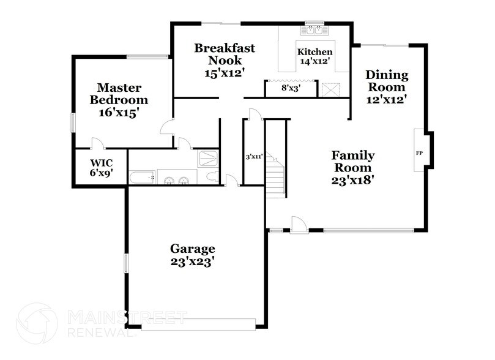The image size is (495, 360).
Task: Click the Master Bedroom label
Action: (119, 100)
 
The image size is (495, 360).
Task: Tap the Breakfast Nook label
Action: (224, 60)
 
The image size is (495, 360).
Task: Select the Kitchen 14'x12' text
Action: (314, 56)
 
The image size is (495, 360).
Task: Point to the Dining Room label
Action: (387, 86)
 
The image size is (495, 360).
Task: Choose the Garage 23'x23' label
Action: (192, 255)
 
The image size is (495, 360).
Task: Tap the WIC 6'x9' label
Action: (100, 168)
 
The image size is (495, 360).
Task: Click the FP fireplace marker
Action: (420, 152)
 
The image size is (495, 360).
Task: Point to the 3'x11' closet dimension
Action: (254, 157)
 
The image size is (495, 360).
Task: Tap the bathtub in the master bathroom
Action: (143, 179)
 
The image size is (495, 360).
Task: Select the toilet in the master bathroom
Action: (211, 178)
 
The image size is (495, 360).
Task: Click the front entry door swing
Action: (299, 225)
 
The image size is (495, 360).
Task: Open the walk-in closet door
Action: (97, 143)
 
